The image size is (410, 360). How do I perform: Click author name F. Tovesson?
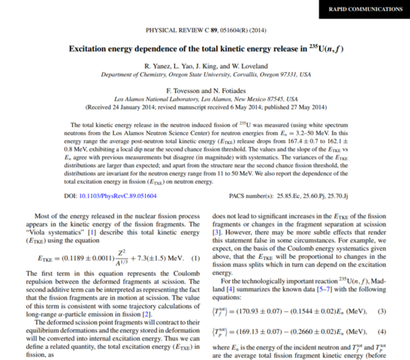click(x=179, y=90)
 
